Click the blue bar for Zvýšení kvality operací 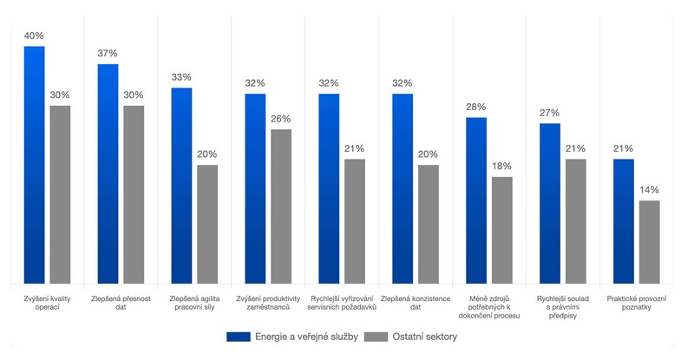tap(34, 165)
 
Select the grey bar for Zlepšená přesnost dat tap(134, 194)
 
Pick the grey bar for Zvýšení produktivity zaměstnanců tap(281, 206)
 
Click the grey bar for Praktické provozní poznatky tap(650, 242)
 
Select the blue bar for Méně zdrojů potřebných tap(476, 200)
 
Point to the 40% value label tap(34, 36)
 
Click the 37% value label tap(108, 54)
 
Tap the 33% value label tap(181, 77)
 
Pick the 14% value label tap(650, 190)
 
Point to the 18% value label tap(502, 166)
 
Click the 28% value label tap(476, 107)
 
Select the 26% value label tap(281, 119)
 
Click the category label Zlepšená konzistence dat tap(416, 304)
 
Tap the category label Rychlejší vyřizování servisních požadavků tap(342, 304)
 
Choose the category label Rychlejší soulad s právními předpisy tap(563, 308)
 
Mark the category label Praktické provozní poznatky tap(637, 304)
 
